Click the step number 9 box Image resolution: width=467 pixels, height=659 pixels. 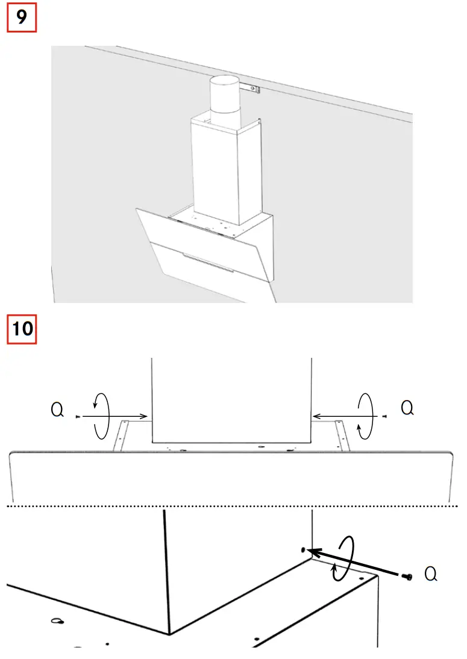pos(22,17)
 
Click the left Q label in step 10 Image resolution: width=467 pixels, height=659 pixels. pos(57,411)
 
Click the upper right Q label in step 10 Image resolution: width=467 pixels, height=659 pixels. pos(407,408)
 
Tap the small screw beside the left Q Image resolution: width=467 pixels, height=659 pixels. pos(78,416)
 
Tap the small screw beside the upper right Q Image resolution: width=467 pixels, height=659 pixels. pos(384,416)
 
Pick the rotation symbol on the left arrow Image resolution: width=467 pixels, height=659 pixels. pos(101,416)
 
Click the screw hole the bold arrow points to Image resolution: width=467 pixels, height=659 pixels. pos(304,549)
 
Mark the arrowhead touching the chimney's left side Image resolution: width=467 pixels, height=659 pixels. pos(146,416)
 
